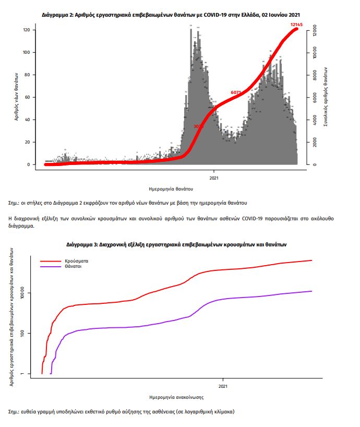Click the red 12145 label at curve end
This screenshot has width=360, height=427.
click(297, 25)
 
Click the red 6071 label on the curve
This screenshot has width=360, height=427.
click(236, 92)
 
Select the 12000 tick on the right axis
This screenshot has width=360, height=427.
click(314, 31)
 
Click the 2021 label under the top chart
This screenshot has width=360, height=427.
click(214, 177)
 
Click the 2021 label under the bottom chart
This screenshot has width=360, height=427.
click(223, 387)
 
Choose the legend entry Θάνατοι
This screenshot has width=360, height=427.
click(74, 266)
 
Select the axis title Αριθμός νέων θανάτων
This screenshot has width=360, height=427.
click(18, 97)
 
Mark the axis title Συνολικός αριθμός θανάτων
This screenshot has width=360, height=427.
click(325, 97)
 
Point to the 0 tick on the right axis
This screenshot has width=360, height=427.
click(314, 164)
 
